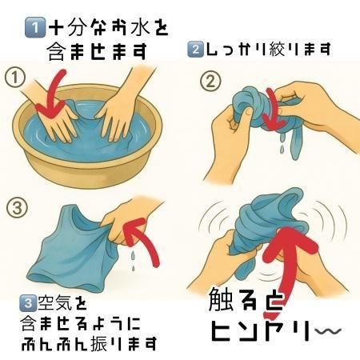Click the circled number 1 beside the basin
15,78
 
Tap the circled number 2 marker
210,82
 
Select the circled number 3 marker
17,207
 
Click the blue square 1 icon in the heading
34,27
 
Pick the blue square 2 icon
195,50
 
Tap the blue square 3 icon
28,303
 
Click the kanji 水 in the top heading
135,26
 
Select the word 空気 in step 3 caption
55,303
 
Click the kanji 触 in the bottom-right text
220,300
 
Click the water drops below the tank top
133,260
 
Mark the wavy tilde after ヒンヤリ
328,331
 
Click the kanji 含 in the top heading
57,50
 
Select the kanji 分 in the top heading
78,26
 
